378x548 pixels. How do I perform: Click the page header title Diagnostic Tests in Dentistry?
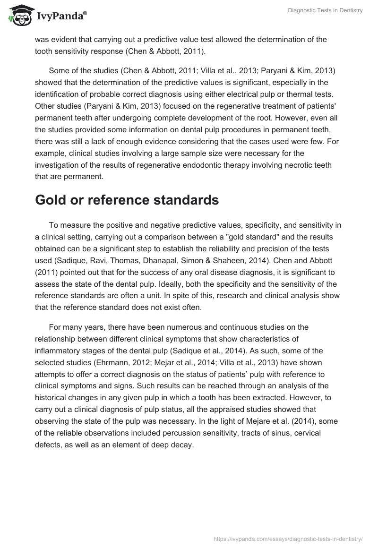325,10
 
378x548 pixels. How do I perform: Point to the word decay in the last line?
183,444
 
